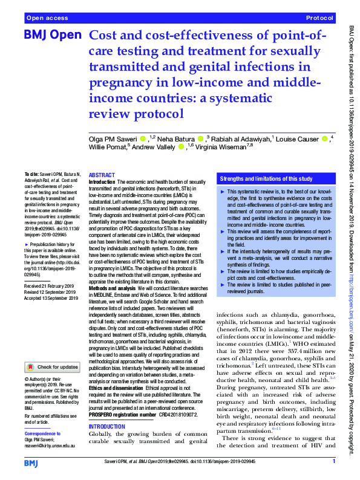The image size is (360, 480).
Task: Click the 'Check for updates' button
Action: pos(53,367)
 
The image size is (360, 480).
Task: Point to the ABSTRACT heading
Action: pos(102,174)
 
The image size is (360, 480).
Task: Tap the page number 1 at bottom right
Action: pos(333,462)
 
